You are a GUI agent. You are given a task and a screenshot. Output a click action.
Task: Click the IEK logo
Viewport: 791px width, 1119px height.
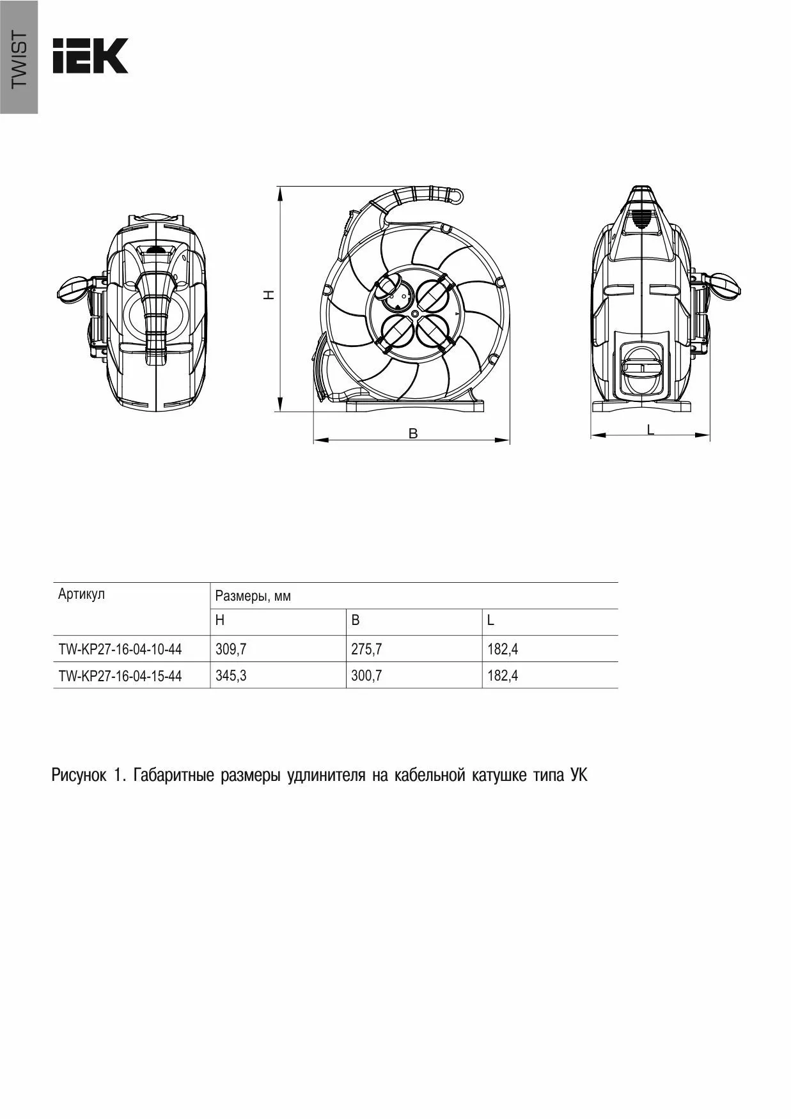pyautogui.click(x=90, y=56)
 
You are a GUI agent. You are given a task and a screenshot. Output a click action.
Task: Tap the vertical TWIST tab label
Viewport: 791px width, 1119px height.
pyautogui.click(x=19, y=59)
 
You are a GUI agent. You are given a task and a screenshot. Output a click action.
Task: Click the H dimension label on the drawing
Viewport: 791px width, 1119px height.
pyautogui.click(x=270, y=295)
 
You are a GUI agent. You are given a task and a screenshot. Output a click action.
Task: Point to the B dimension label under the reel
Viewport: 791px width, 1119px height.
pyautogui.click(x=413, y=433)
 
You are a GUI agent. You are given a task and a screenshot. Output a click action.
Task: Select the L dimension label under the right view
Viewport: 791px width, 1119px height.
pyautogui.click(x=650, y=429)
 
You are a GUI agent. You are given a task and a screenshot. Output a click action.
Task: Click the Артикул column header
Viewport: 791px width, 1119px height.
pyautogui.click(x=81, y=594)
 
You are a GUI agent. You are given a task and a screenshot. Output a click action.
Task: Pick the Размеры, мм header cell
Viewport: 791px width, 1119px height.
pyautogui.click(x=253, y=596)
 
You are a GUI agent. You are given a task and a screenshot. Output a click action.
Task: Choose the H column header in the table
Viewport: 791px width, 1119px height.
pyautogui.click(x=220, y=621)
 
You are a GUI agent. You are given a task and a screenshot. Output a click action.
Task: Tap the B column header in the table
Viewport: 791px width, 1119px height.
pyautogui.click(x=356, y=621)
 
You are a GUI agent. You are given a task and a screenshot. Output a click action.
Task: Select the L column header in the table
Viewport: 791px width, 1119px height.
pyautogui.click(x=490, y=621)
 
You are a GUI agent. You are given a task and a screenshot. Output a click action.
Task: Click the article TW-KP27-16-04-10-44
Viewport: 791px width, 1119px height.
pyautogui.click(x=120, y=649)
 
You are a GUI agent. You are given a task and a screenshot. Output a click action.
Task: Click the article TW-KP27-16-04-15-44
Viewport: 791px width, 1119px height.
pyautogui.click(x=120, y=675)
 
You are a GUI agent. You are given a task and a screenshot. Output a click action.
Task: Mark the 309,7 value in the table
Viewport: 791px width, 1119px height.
pyautogui.click(x=231, y=649)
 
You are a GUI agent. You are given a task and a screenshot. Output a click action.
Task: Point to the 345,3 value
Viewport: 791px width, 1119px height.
pyautogui.click(x=231, y=675)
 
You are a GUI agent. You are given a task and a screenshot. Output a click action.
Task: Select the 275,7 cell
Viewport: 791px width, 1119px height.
pyautogui.click(x=366, y=649)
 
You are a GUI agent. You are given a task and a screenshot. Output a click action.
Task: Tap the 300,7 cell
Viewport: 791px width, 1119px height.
pyautogui.click(x=366, y=675)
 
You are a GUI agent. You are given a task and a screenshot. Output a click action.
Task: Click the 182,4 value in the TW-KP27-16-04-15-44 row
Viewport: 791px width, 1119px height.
pyautogui.click(x=503, y=675)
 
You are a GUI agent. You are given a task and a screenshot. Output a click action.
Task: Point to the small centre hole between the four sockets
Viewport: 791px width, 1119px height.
pyautogui.click(x=414, y=314)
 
